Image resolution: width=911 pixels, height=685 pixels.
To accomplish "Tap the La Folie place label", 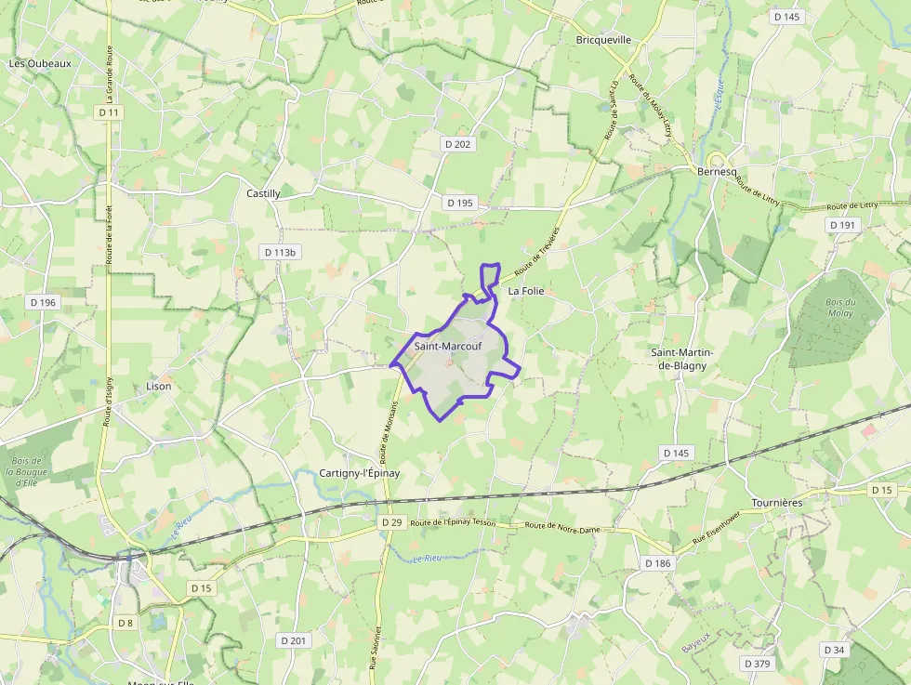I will coord(525,291).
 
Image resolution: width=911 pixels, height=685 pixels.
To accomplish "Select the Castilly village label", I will coord(263,193).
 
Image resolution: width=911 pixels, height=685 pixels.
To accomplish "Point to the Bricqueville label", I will coord(603,40).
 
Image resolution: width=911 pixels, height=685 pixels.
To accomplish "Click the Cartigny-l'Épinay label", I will coord(359,473).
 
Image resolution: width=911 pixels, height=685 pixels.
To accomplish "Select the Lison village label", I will coord(159,386).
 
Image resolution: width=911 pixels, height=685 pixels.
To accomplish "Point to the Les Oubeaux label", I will coord(40,63).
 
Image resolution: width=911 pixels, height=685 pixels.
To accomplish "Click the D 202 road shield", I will coord(458,144).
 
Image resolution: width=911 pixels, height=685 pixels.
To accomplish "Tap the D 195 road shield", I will coord(460,203).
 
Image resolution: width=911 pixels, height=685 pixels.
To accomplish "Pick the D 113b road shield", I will coord(280,252).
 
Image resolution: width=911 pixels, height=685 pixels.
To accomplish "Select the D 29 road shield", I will coord(391,523).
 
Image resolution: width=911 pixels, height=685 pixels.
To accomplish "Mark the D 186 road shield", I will coord(657,563).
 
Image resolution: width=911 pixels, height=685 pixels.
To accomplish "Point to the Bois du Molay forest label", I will coord(839,307).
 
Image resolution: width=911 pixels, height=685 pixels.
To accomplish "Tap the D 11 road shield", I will coord(110,112).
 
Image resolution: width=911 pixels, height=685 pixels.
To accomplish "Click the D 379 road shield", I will coord(758,663).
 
